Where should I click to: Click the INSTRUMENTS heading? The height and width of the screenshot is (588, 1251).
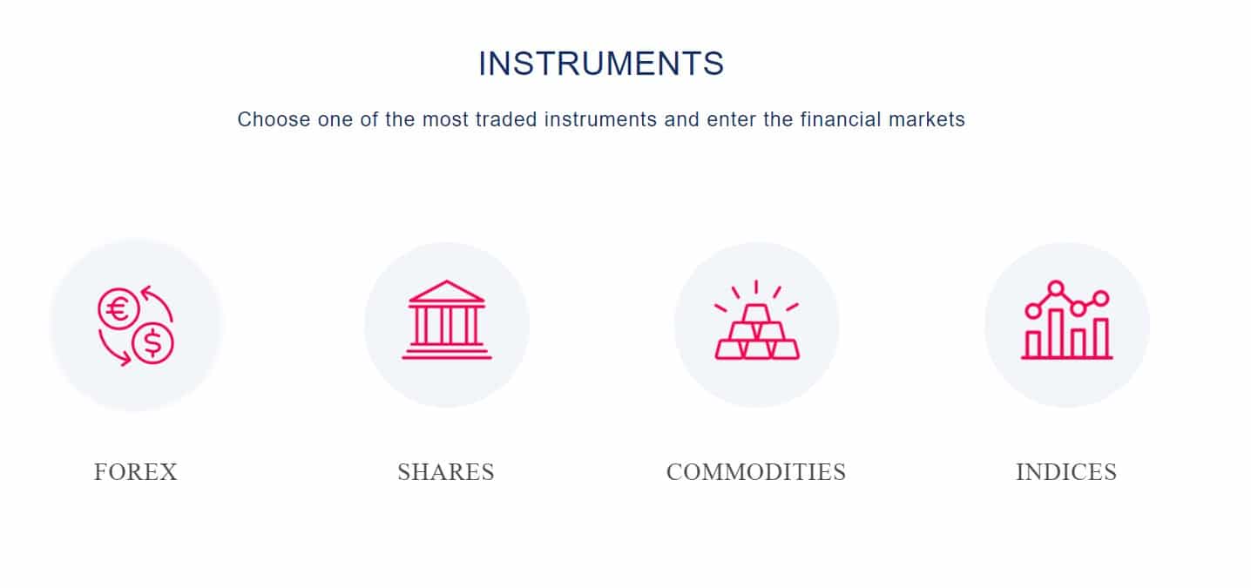pos(601,63)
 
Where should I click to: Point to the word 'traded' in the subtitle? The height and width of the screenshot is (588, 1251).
pos(506,119)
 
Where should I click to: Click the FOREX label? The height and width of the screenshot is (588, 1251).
pos(136,472)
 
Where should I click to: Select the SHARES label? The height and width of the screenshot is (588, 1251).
pos(446,472)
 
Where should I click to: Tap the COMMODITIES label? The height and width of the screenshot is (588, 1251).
pos(756,472)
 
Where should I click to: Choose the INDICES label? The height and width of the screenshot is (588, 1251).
pos(1066,472)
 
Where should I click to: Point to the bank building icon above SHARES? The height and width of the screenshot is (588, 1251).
pos(447,320)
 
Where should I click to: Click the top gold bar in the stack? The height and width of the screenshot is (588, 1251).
pos(757,314)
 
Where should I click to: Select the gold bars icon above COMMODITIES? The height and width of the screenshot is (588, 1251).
pos(757,320)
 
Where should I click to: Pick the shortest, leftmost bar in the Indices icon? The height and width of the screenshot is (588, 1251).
pos(1033,345)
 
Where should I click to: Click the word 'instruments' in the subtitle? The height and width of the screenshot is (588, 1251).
pos(600,119)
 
